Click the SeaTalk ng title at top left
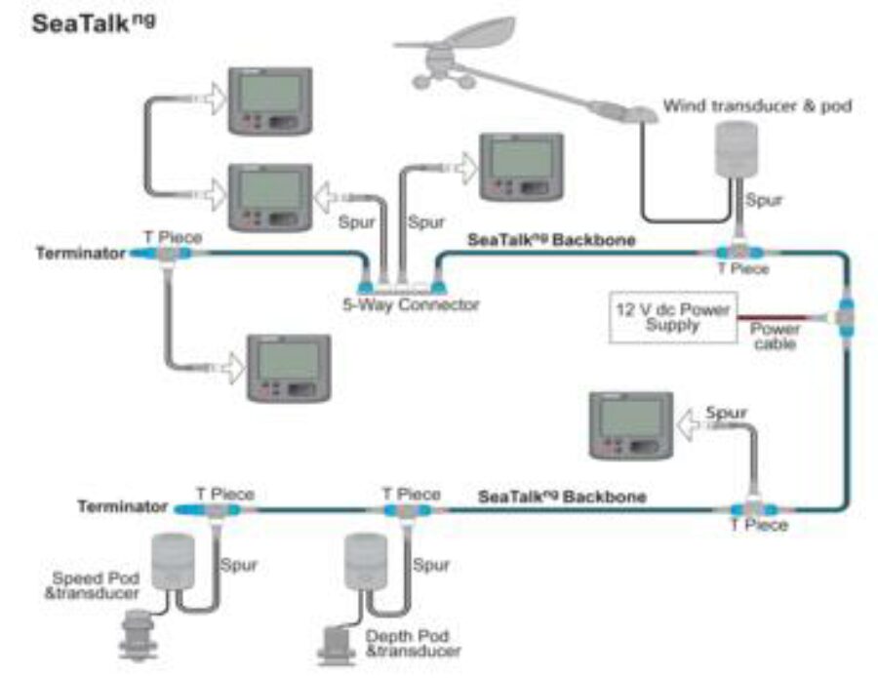(x=94, y=23)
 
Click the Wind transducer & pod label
(x=757, y=105)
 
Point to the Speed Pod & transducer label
(x=93, y=585)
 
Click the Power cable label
(x=775, y=337)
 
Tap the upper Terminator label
(x=80, y=254)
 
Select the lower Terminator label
(x=122, y=507)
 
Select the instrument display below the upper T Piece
(x=290, y=368)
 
